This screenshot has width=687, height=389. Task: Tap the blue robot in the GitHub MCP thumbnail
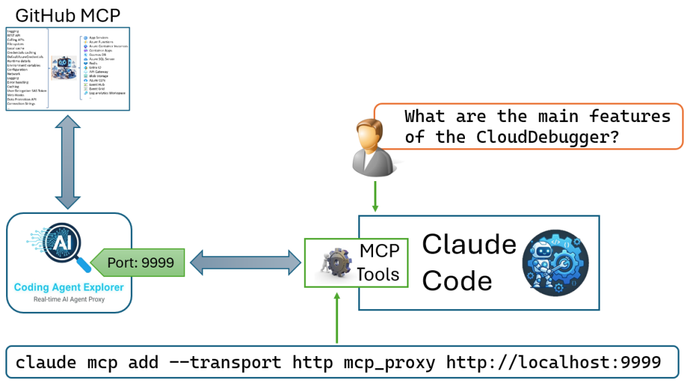(65, 67)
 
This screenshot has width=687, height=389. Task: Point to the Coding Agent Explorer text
(69, 288)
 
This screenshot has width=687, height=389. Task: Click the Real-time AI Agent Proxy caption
(69, 300)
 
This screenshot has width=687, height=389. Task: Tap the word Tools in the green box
(378, 274)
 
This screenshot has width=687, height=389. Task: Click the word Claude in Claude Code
(469, 245)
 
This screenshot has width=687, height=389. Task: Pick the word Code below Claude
(457, 280)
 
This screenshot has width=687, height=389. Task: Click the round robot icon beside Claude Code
(555, 262)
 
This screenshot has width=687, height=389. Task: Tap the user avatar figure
(371, 145)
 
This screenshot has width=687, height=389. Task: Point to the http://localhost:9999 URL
(554, 363)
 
